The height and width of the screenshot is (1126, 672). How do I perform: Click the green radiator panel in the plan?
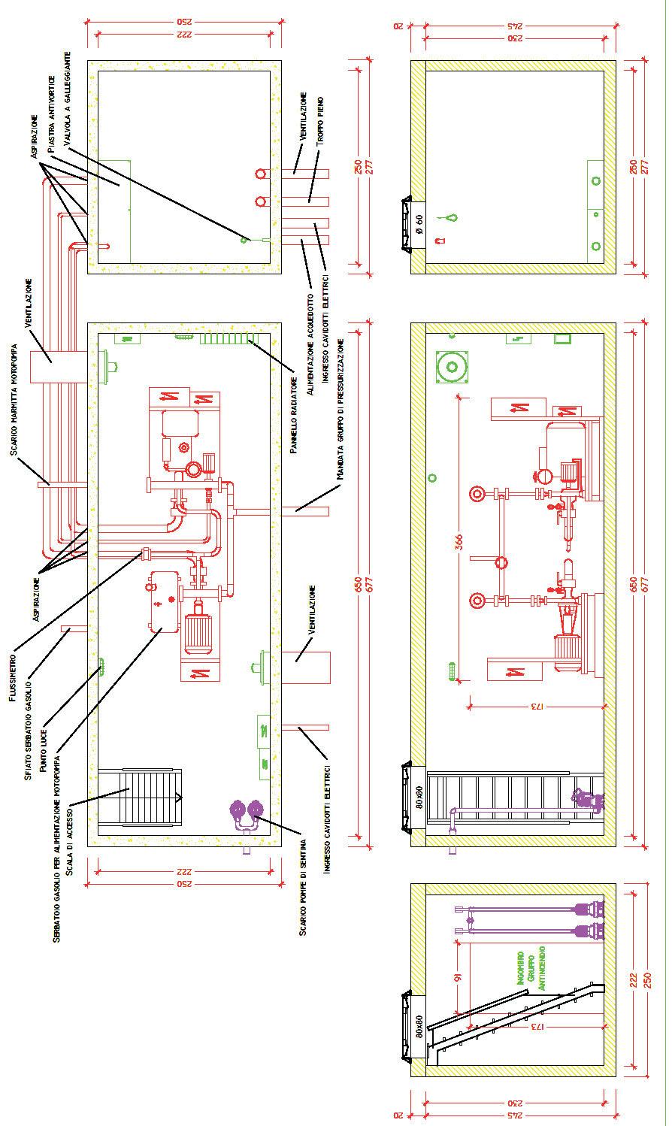coord(226,339)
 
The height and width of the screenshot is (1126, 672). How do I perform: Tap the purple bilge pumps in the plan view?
coord(247,813)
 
